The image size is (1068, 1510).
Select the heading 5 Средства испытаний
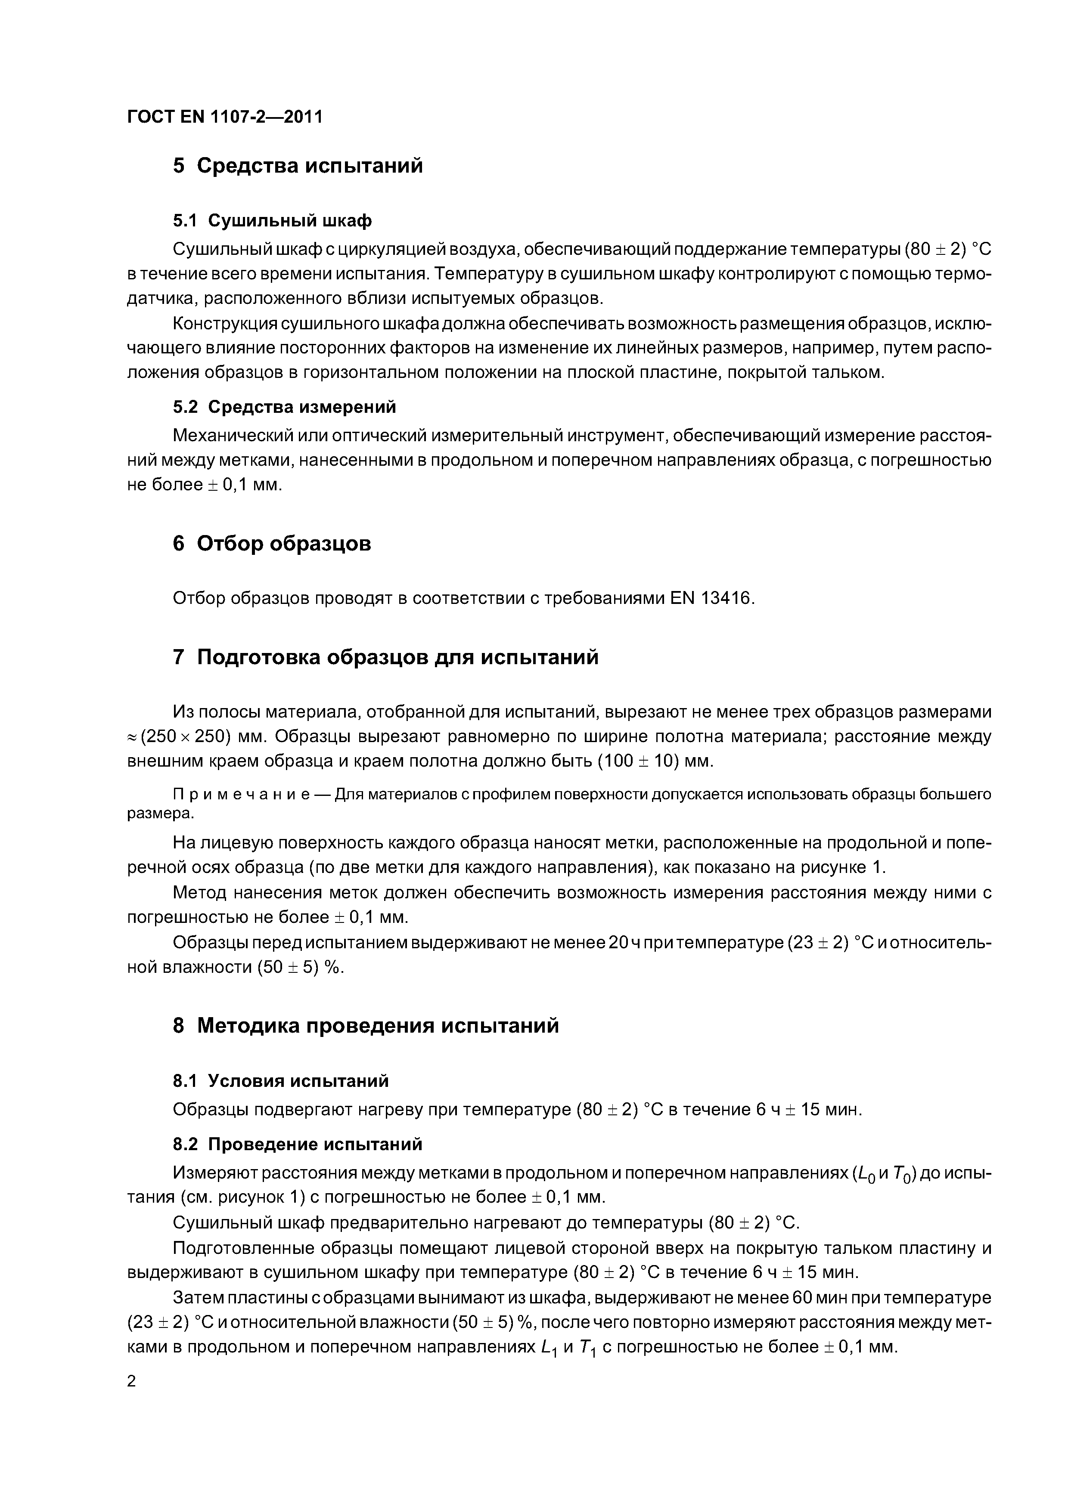point(298,166)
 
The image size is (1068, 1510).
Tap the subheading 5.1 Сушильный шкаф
point(272,221)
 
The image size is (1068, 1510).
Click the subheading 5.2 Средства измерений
point(284,407)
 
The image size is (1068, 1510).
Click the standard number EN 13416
point(710,598)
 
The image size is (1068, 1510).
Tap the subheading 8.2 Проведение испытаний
point(298,1145)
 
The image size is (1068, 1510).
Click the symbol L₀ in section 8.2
point(864,1174)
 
